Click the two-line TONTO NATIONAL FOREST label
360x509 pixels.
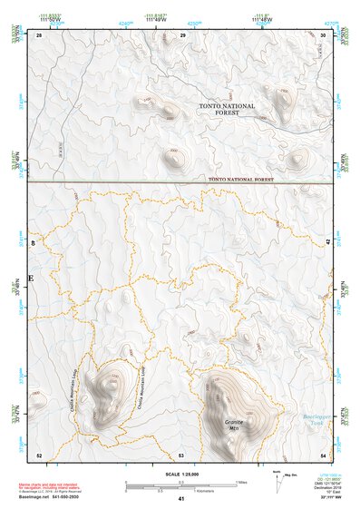coord(227,109)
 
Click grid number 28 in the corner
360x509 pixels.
coord(39,34)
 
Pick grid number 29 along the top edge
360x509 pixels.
coord(183,34)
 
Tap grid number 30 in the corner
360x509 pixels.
coord(324,34)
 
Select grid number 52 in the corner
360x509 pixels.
coord(39,454)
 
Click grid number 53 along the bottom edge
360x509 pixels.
coord(181,454)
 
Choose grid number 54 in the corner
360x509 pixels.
coord(324,454)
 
